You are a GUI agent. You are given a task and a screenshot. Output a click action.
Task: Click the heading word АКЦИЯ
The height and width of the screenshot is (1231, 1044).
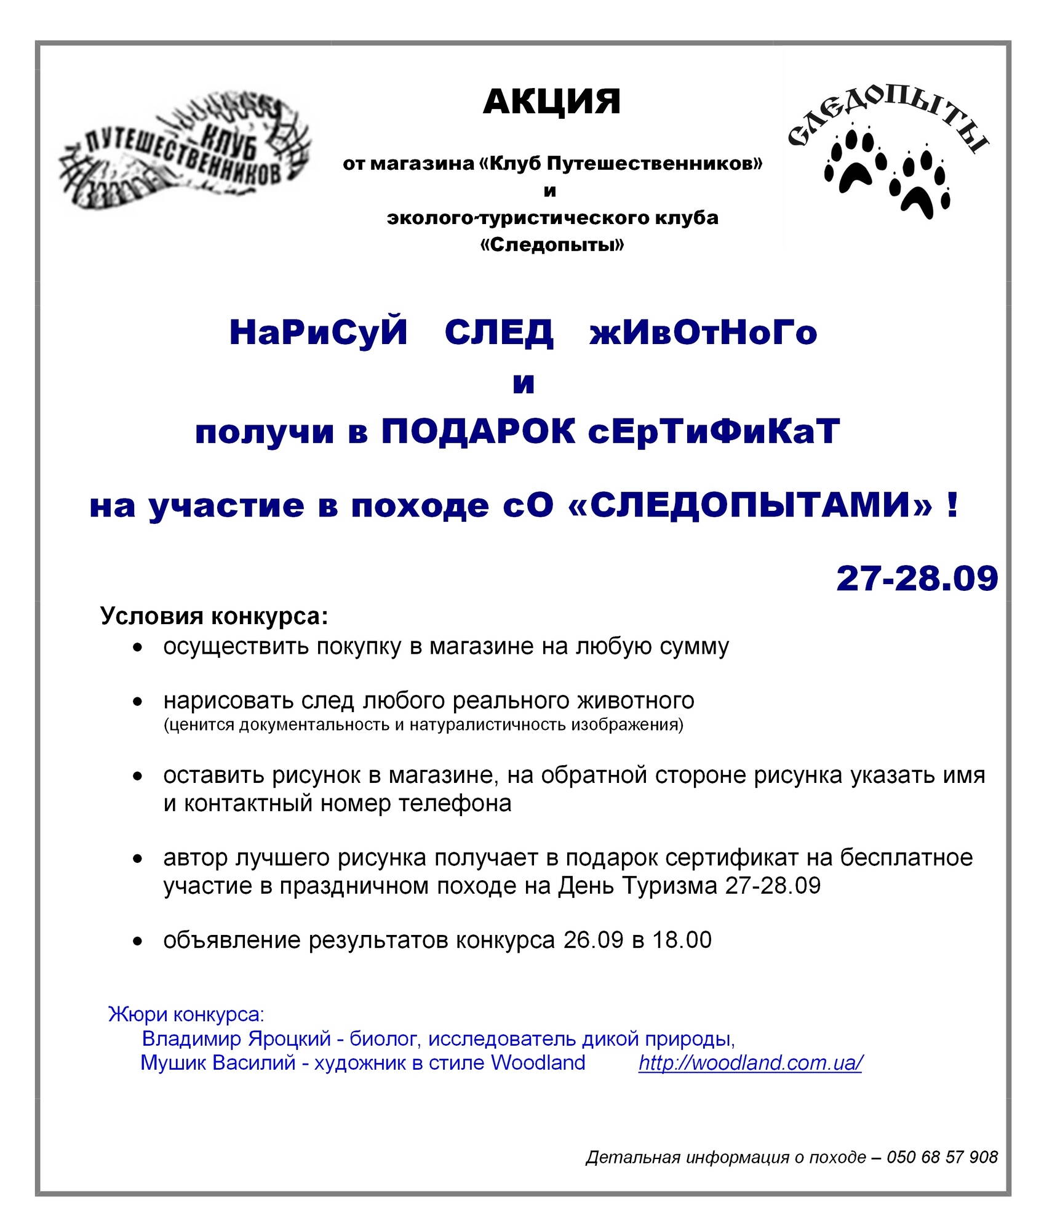click(x=551, y=102)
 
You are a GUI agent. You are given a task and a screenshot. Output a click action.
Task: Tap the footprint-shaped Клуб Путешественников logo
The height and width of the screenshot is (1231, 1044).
click(x=185, y=151)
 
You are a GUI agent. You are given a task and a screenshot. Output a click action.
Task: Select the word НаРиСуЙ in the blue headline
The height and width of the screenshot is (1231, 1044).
click(x=318, y=333)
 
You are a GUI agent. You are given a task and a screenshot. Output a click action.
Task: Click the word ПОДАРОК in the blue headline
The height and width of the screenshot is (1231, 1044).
click(x=478, y=431)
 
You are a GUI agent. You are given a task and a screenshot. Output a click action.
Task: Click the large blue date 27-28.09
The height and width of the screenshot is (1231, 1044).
click(x=917, y=578)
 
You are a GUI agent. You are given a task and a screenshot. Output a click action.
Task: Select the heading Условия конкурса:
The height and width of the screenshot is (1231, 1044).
click(x=214, y=616)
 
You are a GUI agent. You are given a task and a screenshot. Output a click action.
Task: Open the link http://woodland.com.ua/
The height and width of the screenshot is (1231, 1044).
click(x=750, y=1062)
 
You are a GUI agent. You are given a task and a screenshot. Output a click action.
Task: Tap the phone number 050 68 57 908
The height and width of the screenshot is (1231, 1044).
click(x=942, y=1157)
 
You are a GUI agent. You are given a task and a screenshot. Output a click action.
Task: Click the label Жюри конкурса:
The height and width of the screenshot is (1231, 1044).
click(x=186, y=1014)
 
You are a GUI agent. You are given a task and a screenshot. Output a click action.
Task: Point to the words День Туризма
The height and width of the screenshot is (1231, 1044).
click(x=637, y=886)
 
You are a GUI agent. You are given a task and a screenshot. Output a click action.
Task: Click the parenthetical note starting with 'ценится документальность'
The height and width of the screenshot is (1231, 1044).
click(x=423, y=724)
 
